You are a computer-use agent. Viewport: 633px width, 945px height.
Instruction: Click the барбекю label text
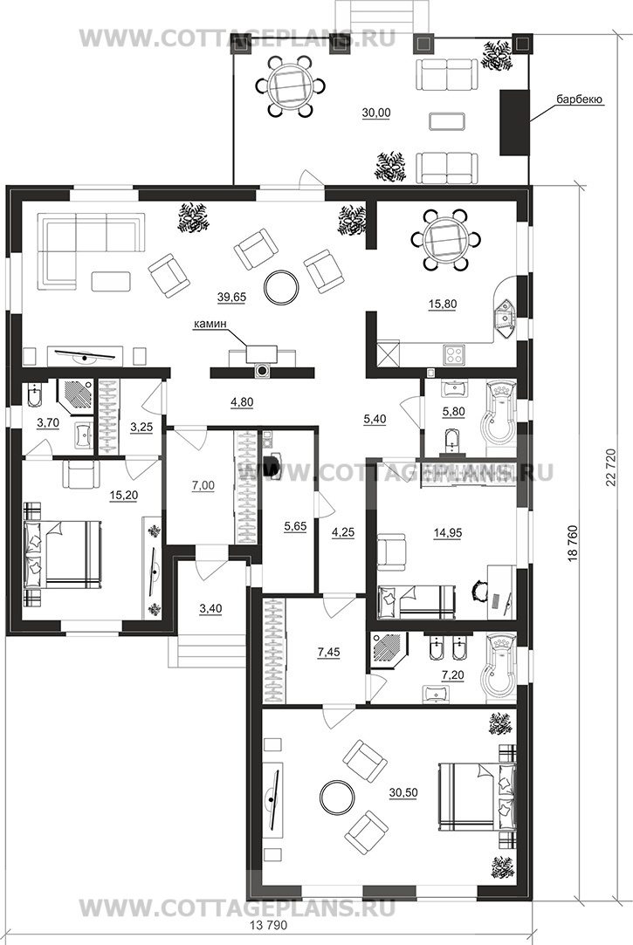(580, 99)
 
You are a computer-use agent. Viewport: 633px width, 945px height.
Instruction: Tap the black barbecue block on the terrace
(514, 122)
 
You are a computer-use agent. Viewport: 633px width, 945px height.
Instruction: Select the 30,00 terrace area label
(376, 113)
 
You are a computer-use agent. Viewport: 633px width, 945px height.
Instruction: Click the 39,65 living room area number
(232, 297)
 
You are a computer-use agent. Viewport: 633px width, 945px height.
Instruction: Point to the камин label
(210, 325)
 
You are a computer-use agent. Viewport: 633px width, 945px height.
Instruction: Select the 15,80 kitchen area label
(442, 305)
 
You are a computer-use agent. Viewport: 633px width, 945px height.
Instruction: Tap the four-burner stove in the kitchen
(453, 354)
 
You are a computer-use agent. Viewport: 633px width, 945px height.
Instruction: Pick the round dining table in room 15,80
(443, 239)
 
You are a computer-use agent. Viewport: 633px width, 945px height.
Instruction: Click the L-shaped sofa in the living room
(91, 246)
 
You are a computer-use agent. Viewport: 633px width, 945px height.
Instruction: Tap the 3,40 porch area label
(210, 609)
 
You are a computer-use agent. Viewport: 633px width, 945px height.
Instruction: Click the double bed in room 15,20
(63, 554)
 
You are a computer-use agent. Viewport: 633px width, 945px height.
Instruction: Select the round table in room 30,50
(337, 797)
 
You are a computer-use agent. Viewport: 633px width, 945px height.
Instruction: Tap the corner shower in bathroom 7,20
(389, 648)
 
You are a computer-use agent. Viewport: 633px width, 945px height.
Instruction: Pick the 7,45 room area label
(328, 652)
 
